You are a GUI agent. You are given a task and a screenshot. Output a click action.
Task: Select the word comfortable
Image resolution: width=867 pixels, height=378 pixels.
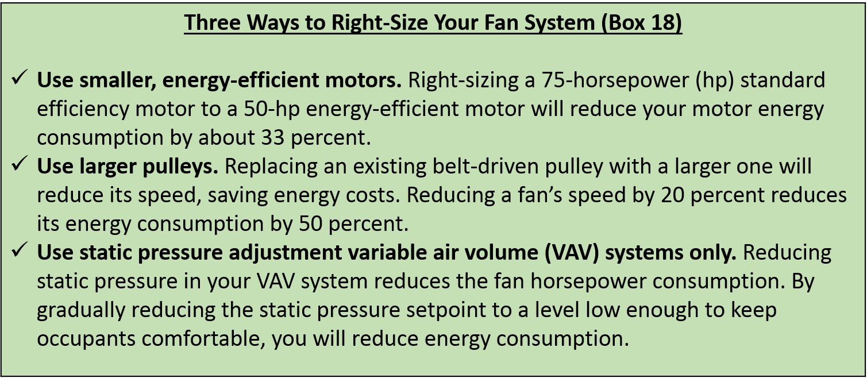tap(206, 339)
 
